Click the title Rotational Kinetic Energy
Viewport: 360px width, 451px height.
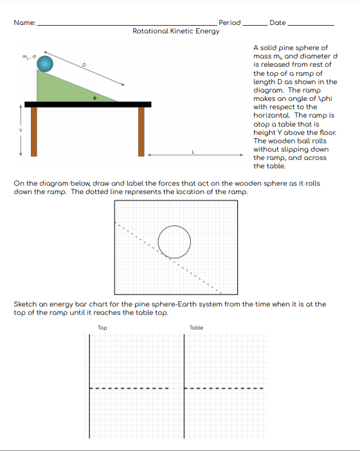(x=175, y=31)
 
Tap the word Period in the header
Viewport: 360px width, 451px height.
(x=230, y=22)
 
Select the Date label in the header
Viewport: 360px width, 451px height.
(x=278, y=22)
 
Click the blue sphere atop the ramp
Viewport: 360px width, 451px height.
(x=45, y=63)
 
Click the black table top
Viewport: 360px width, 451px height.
(x=87, y=104)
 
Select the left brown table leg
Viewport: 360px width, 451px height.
(x=34, y=131)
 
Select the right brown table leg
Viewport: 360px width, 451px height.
(x=141, y=131)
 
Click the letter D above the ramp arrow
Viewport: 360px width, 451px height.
(x=84, y=64)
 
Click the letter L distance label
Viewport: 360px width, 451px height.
(x=192, y=150)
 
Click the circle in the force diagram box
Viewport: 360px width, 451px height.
(x=174, y=242)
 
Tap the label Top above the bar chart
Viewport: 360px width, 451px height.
(x=102, y=328)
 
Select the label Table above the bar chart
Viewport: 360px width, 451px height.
(x=197, y=328)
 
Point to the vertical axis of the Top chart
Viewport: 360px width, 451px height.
(x=89, y=385)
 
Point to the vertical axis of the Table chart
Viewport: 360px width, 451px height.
(x=184, y=385)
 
